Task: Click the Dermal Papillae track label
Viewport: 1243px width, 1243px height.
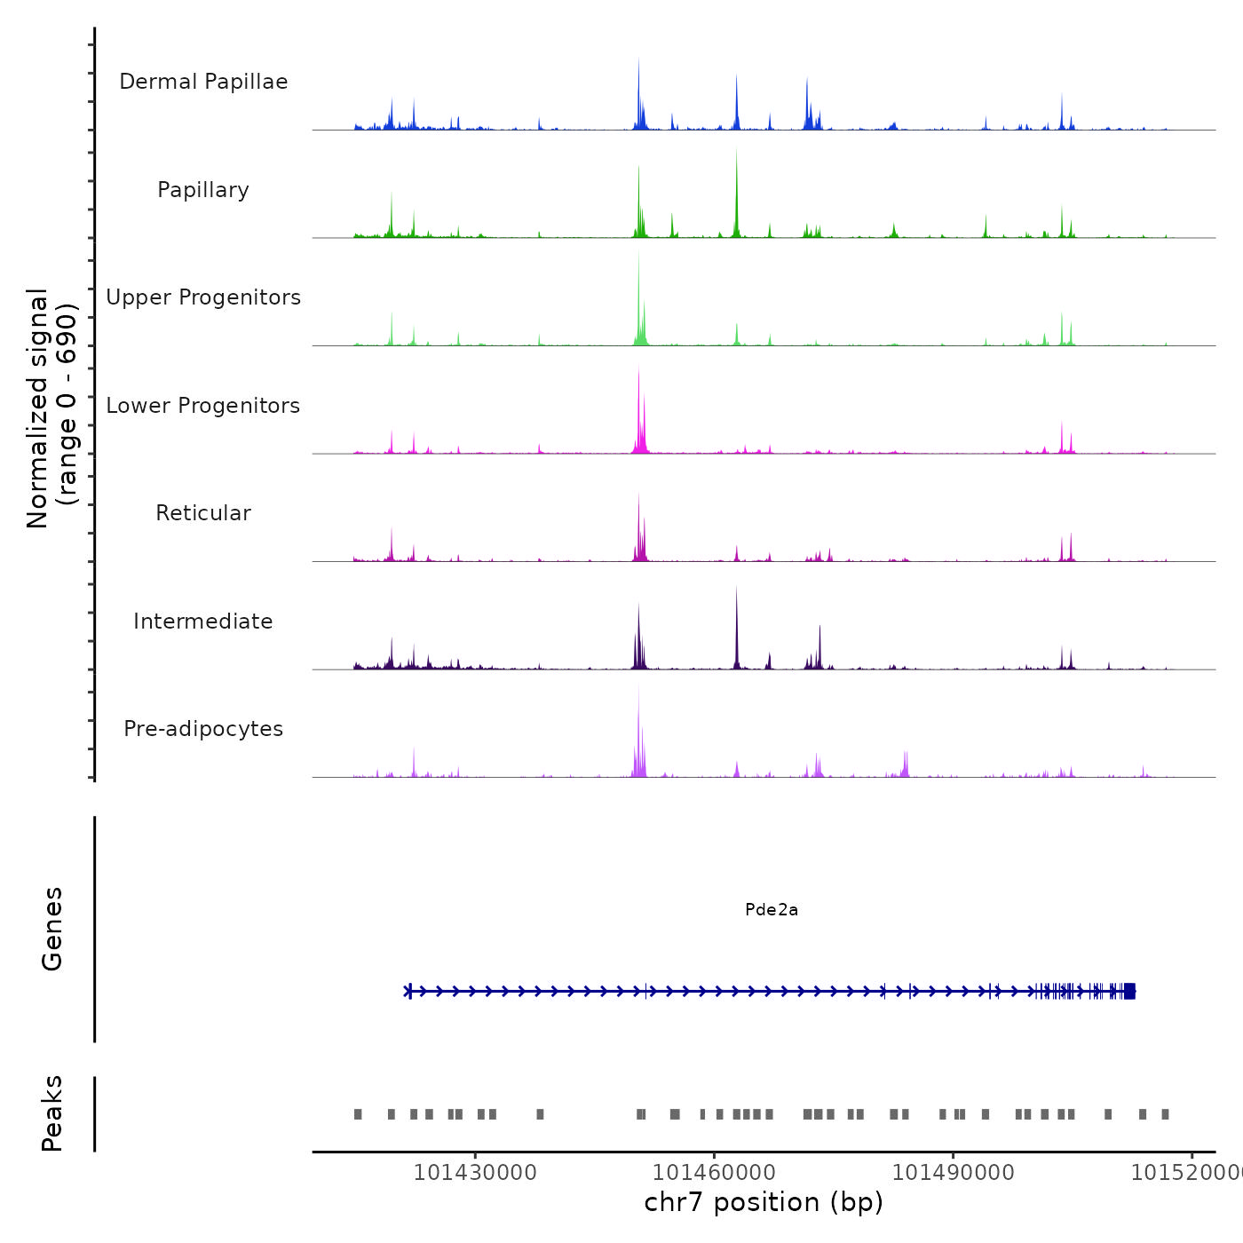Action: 203,82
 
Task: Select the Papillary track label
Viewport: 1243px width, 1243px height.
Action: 203,190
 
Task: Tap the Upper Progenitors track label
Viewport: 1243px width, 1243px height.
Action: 203,297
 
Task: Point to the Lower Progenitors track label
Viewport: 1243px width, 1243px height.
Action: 203,406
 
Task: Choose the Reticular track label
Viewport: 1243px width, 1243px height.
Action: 203,513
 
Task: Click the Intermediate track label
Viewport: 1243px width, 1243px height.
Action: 203,621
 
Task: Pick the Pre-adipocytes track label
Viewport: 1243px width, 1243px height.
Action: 203,729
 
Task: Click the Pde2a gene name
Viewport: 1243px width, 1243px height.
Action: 772,910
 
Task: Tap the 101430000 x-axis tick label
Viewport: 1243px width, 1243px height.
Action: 475,1173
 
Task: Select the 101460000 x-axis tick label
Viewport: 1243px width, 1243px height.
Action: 714,1173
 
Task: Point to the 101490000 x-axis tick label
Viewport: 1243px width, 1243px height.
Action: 953,1173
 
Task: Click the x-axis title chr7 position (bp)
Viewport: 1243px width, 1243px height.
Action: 764,1202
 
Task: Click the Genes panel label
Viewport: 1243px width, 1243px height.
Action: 52,929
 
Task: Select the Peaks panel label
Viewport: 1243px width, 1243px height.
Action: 52,1113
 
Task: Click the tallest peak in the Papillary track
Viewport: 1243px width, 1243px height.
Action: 736,153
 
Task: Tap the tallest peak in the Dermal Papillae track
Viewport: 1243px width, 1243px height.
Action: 638,62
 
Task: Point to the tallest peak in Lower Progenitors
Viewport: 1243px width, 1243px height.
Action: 638,371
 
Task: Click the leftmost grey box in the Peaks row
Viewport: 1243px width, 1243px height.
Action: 358,1114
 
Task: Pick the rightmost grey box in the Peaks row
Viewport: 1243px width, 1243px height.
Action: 1165,1114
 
